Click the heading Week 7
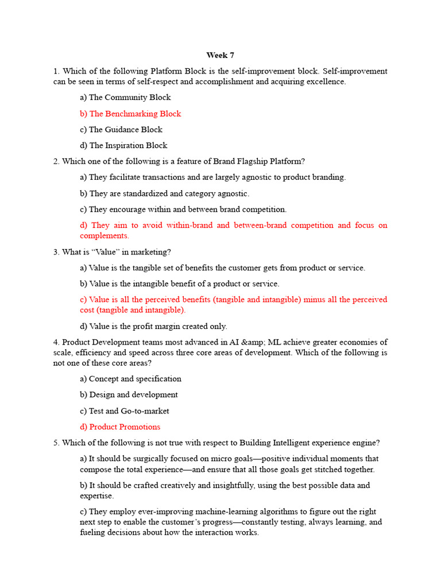220,55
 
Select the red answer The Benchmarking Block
130,114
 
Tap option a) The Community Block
125,98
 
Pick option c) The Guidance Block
121,130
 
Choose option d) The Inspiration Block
123,146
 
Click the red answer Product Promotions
120,427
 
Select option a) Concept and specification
130,379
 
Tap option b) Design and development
129,395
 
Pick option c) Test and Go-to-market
125,411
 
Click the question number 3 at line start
56,252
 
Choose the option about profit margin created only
153,326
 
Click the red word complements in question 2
104,236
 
